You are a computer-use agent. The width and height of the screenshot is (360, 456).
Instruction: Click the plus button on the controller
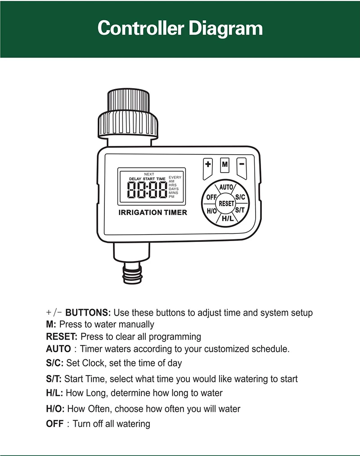click(x=208, y=165)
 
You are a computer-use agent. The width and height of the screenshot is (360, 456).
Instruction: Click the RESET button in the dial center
click(x=226, y=204)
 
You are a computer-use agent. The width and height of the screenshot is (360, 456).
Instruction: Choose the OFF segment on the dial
click(x=211, y=197)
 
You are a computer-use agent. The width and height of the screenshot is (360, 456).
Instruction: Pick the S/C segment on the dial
click(x=240, y=197)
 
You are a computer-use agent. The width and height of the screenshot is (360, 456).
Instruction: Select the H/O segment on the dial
click(x=211, y=210)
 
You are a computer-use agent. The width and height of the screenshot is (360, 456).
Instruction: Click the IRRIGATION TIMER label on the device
click(x=153, y=213)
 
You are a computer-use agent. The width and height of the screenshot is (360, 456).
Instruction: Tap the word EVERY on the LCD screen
click(x=175, y=178)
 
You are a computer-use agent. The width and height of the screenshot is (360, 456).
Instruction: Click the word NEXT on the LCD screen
click(x=149, y=174)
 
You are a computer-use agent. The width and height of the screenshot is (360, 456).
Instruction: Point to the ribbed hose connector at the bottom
click(x=132, y=273)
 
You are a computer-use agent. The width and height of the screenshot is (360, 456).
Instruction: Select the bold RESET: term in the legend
click(x=62, y=336)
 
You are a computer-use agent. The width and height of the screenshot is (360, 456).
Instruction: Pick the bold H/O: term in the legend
click(x=55, y=409)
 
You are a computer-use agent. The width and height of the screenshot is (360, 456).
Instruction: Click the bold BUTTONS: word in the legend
click(x=88, y=313)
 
